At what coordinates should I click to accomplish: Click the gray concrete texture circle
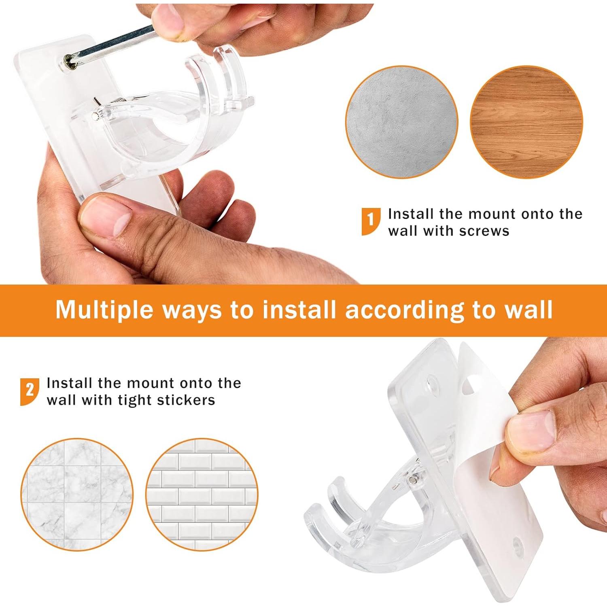pos(401,122)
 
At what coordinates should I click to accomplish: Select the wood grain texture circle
pos(526,122)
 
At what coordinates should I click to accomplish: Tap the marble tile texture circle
pos(77,495)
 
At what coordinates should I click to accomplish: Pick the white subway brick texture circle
pos(202,495)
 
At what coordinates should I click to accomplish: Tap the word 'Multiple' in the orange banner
pos(105,310)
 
